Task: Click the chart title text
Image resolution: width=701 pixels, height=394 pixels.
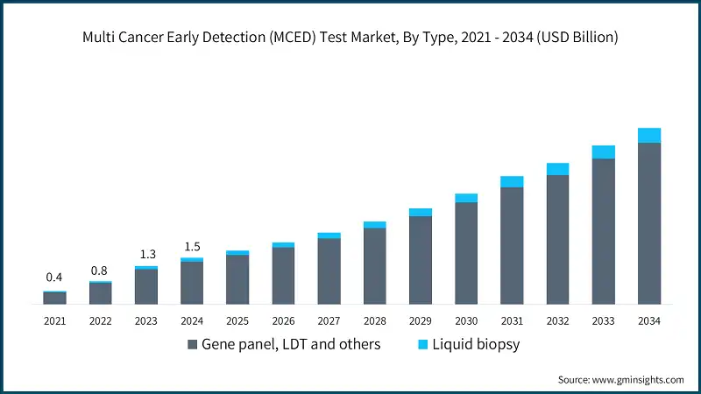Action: click(x=350, y=38)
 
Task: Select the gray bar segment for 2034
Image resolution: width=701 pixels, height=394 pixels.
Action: click(x=649, y=223)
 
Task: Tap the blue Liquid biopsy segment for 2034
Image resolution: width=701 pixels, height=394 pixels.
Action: click(x=649, y=135)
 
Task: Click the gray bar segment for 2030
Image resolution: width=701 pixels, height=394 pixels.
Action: click(x=466, y=253)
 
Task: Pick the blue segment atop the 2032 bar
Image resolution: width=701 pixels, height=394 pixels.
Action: click(x=557, y=169)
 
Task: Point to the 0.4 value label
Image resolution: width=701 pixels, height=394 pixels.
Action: click(x=54, y=278)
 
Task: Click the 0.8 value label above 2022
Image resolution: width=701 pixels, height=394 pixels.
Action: click(x=100, y=270)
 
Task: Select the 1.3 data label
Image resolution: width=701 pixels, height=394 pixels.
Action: click(x=145, y=254)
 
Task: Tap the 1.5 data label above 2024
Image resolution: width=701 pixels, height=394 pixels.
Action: click(x=192, y=246)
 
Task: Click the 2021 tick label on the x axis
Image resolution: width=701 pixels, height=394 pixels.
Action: click(x=54, y=321)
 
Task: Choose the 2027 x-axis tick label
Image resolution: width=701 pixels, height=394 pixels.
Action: click(x=329, y=321)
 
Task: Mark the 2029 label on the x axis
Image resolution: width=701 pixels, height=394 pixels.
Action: click(x=421, y=321)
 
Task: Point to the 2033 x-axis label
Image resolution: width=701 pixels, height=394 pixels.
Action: click(x=603, y=321)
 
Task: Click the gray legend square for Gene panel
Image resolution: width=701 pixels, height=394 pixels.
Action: click(x=192, y=345)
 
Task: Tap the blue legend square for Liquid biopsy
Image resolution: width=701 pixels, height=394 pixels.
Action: click(x=422, y=345)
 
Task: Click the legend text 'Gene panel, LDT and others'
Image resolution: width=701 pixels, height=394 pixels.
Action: click(x=291, y=344)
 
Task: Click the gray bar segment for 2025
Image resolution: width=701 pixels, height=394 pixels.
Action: click(x=237, y=279)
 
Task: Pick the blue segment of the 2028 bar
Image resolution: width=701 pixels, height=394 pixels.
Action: click(x=375, y=225)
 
